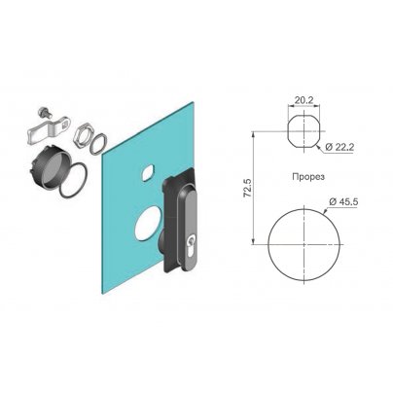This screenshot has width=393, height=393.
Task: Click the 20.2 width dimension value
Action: pos(304,100)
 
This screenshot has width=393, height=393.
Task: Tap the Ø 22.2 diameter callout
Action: pos(339,147)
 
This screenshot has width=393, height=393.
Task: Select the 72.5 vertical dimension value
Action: pos(248,189)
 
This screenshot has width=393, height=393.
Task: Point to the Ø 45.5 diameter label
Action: pos(343,201)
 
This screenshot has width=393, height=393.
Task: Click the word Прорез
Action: pos(308,177)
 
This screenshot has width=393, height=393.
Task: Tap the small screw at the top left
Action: pos(43,112)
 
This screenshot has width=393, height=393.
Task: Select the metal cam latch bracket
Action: pos(49,131)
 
